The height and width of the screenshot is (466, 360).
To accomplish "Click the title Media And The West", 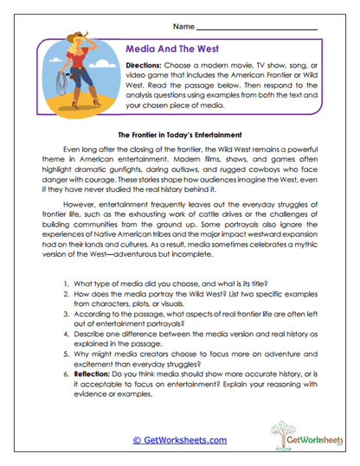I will pyautogui.click(x=179, y=50).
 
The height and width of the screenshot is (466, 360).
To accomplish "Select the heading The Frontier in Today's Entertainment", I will pyautogui.click(x=179, y=135).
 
